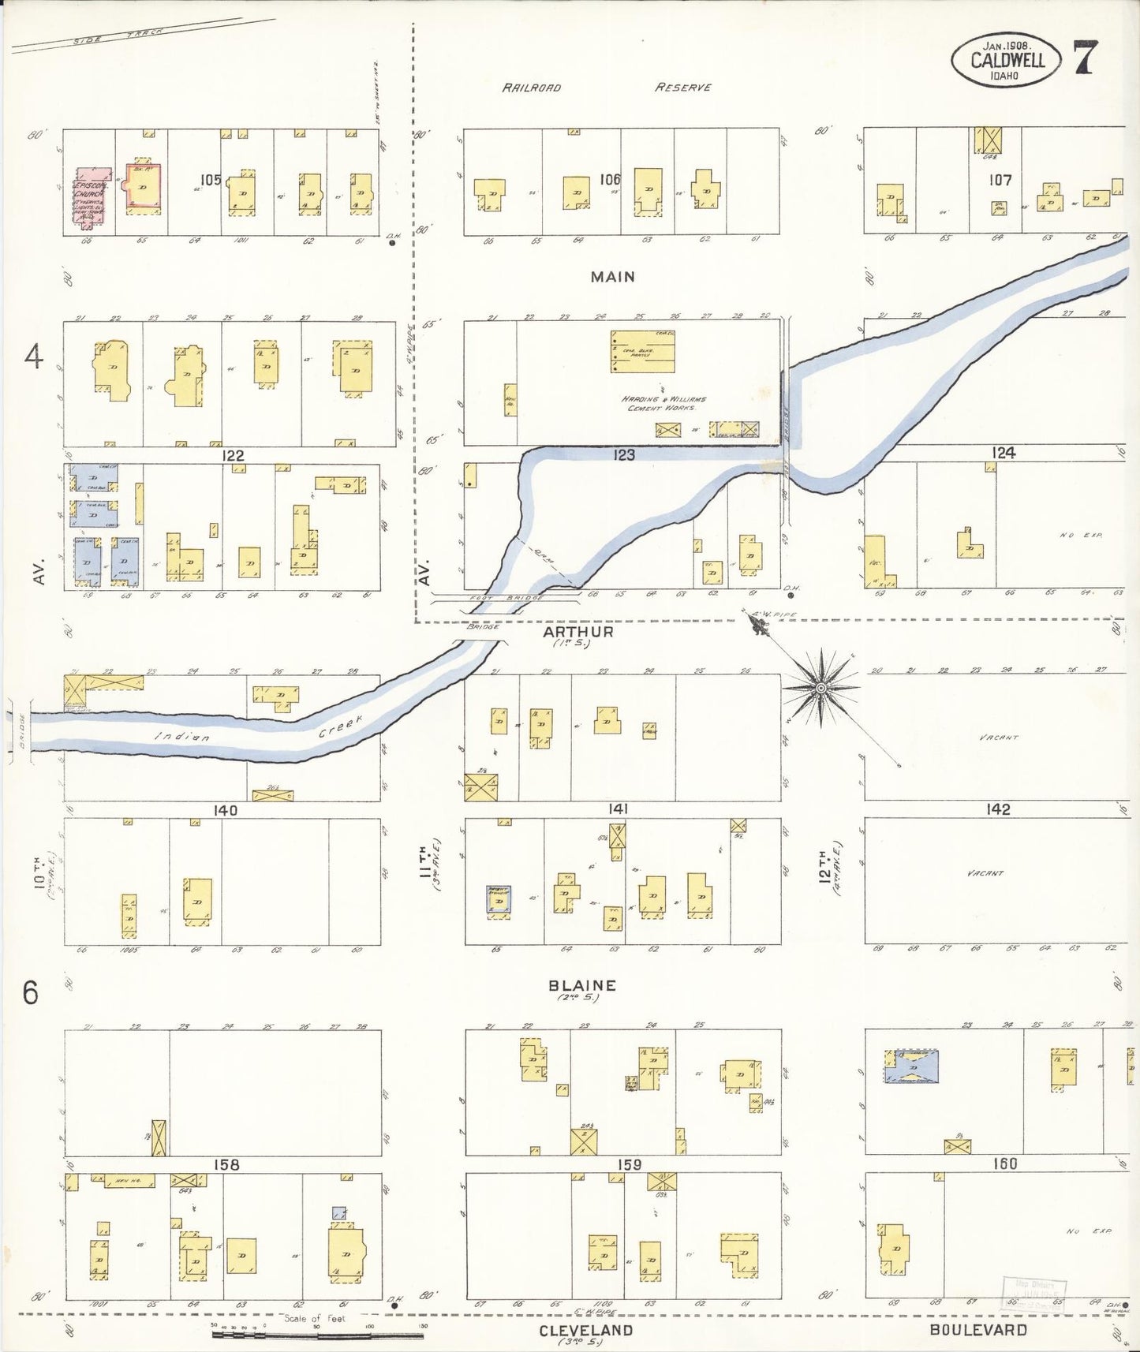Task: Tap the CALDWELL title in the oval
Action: pyautogui.click(x=1007, y=60)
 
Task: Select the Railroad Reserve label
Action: pyautogui.click(x=607, y=88)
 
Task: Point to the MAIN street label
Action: pyautogui.click(x=611, y=277)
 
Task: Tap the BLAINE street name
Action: pyautogui.click(x=582, y=985)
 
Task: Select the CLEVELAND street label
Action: pyautogui.click(x=586, y=1329)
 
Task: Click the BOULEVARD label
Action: pyautogui.click(x=978, y=1329)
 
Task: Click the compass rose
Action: pyautogui.click(x=820, y=689)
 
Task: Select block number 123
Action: pyautogui.click(x=624, y=455)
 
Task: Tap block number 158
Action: pyautogui.click(x=226, y=1164)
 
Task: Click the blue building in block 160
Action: pyautogui.click(x=916, y=1068)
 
